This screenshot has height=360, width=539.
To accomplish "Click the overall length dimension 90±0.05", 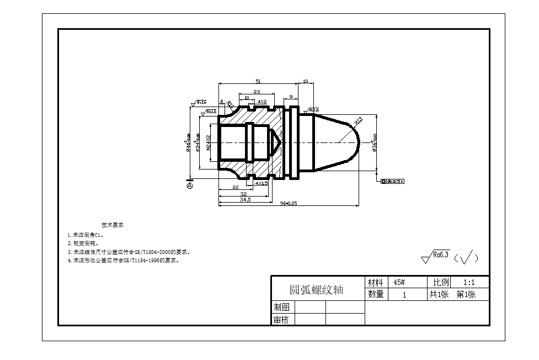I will (288, 203).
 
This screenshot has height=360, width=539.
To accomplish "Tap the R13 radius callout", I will (358, 120).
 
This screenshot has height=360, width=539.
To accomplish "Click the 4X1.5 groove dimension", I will (262, 183).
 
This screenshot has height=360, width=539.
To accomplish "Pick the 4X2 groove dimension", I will (262, 102).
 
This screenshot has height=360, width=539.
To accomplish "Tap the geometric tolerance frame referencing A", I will (393, 181).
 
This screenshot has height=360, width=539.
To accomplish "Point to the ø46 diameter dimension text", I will (188, 142).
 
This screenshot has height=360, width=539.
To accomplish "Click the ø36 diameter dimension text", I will (375, 142).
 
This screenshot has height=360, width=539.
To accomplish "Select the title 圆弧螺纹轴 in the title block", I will (317, 290).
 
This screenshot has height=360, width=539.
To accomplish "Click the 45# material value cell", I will (399, 282).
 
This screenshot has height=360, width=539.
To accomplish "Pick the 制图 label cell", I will (282, 307).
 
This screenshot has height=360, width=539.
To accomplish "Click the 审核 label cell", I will (282, 319).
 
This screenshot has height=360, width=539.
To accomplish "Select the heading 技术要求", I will (113, 225).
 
